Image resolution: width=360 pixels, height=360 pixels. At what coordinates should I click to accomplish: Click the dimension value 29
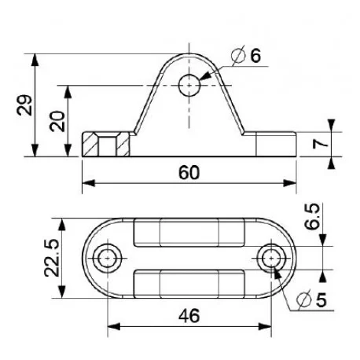(x=24, y=105)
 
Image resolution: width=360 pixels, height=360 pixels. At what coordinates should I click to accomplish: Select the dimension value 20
(x=57, y=121)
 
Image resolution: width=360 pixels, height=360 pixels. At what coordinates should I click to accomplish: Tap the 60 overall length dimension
(x=189, y=172)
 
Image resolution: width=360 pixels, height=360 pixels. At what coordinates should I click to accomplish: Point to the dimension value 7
(x=320, y=144)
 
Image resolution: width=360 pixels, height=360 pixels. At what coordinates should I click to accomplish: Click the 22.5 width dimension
(x=52, y=258)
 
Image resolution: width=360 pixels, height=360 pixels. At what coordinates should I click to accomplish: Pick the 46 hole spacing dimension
(x=189, y=315)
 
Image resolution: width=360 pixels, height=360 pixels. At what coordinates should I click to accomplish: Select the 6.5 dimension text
(x=313, y=216)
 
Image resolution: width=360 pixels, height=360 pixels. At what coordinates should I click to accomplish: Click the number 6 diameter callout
(x=255, y=55)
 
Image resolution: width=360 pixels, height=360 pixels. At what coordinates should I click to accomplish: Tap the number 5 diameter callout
(x=321, y=300)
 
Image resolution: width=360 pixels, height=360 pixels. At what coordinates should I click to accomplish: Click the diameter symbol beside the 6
(x=238, y=55)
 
